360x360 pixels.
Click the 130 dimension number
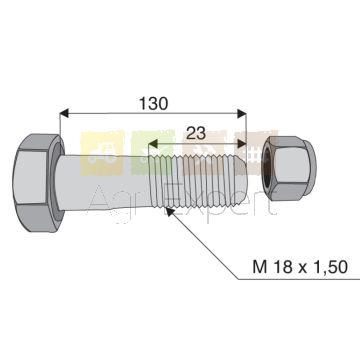(154, 104)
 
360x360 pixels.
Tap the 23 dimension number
(196, 134)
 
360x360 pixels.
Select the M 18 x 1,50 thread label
(300, 267)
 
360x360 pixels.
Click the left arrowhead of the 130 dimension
(64, 113)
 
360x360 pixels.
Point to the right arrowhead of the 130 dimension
(242, 113)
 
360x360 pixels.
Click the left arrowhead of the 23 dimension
(153, 144)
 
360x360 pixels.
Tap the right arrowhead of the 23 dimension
(242, 144)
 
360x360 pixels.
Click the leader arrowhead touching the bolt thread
(170, 212)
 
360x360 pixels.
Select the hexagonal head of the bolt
(38, 183)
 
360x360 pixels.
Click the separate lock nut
(290, 168)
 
